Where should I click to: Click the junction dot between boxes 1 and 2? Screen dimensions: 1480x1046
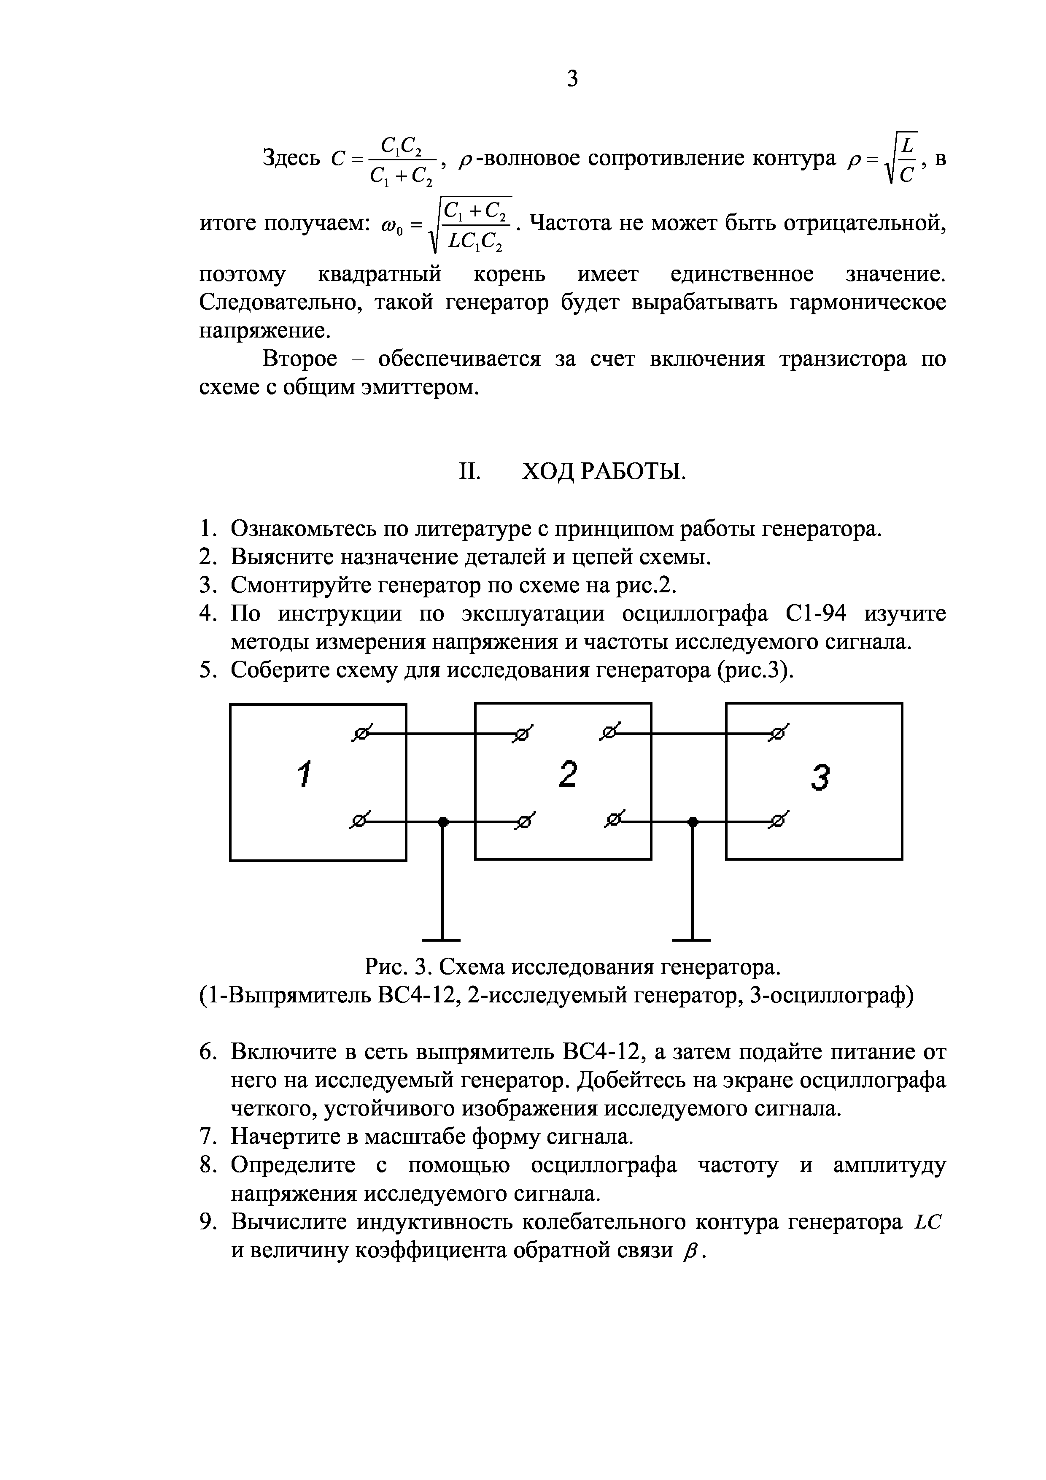tap(442, 821)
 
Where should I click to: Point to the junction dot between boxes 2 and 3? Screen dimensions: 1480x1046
tap(693, 821)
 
